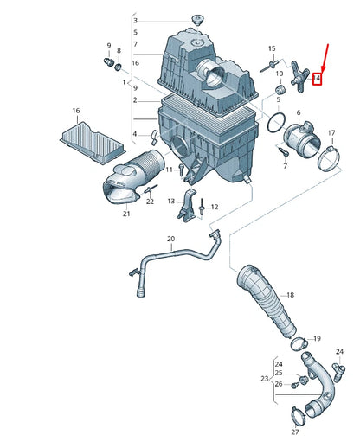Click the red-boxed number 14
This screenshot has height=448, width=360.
(x=317, y=79)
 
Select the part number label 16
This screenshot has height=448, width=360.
(x=76, y=112)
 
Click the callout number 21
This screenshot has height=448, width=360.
(x=126, y=214)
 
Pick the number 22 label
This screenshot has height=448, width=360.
(x=150, y=202)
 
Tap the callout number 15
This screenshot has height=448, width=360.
(x=272, y=49)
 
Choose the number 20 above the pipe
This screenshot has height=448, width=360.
(x=170, y=239)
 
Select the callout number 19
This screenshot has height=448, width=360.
(x=316, y=338)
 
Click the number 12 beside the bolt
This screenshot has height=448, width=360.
(x=215, y=208)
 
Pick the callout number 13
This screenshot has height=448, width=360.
(x=171, y=201)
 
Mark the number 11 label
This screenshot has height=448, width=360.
(x=170, y=169)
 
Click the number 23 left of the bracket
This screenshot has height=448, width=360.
(x=265, y=378)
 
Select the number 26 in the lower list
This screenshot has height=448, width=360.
(x=278, y=383)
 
